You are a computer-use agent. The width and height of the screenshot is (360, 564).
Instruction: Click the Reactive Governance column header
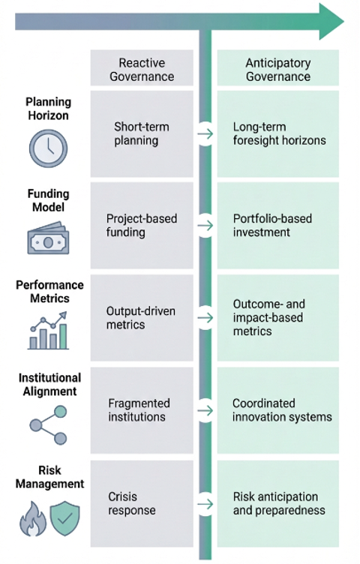(x=142, y=70)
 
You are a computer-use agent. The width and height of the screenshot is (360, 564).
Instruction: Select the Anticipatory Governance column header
(x=278, y=70)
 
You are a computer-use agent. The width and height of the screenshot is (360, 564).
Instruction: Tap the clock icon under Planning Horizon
(x=48, y=148)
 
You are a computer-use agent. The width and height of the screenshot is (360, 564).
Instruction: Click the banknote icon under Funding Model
(x=48, y=238)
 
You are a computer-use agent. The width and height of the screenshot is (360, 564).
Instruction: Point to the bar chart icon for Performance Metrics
(x=48, y=330)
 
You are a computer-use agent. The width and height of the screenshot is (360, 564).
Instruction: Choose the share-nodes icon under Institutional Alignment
(x=48, y=425)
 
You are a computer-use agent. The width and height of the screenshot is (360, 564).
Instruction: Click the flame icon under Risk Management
(x=33, y=518)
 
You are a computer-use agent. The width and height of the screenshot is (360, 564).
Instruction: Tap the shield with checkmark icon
(x=64, y=518)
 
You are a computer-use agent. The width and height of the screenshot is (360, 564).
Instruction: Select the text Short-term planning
(x=141, y=133)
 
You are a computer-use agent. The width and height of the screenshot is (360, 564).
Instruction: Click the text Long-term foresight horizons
(x=279, y=133)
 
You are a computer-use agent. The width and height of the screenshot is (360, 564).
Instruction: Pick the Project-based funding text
(x=141, y=225)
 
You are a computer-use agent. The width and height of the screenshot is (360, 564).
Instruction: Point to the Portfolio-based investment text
(x=272, y=225)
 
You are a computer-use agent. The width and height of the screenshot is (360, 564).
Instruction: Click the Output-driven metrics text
(x=140, y=317)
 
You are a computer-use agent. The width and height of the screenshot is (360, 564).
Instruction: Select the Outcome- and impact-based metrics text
(x=268, y=317)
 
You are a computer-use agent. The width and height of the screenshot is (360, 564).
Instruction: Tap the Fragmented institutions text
(x=139, y=410)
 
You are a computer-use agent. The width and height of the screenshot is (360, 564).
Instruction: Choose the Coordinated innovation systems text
(x=282, y=410)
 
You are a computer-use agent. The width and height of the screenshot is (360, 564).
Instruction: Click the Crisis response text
(x=132, y=503)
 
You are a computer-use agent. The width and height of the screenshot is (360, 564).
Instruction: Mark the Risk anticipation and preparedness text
(x=279, y=503)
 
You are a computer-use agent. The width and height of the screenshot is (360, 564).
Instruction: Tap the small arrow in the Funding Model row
(x=205, y=226)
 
